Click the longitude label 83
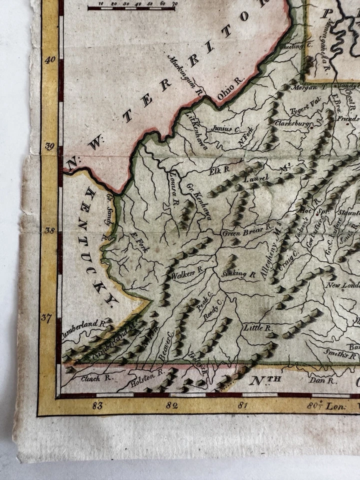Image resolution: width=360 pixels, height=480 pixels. [x=97, y=405]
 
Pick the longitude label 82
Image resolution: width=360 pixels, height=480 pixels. [x=171, y=405]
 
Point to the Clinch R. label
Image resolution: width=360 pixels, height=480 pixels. [x=91, y=378]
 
